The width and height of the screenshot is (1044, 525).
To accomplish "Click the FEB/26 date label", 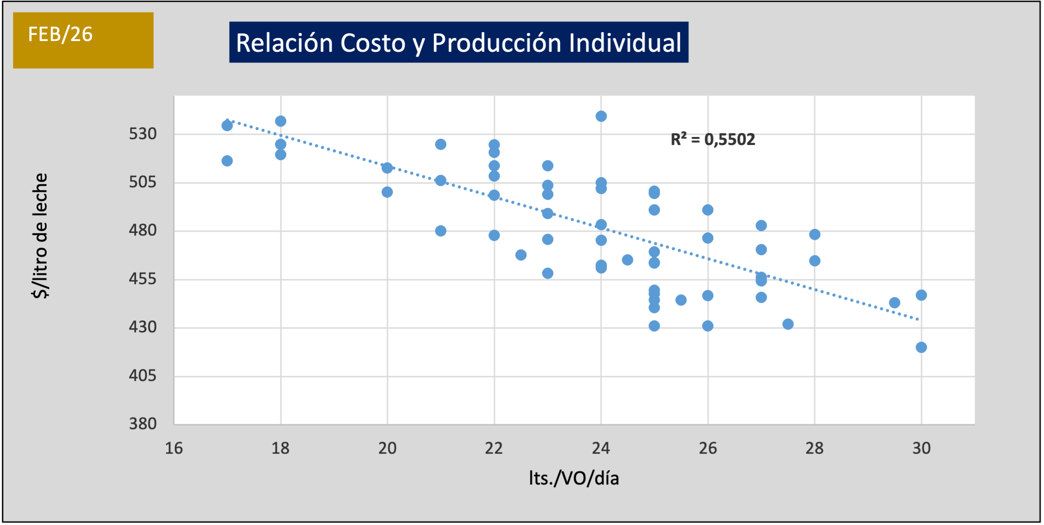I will coord(60,34).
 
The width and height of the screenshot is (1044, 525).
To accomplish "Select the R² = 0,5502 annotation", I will coord(713,140).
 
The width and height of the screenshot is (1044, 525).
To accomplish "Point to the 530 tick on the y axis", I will coord(143,134).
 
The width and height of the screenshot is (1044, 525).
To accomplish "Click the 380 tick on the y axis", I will coord(143,424).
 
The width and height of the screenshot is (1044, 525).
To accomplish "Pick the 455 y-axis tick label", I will coord(143,279).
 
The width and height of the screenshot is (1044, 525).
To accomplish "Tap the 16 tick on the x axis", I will coord(174,448).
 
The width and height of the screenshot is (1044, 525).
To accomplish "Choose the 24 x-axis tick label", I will coord(601,448).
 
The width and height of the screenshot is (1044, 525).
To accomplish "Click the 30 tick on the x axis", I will coord(921,448).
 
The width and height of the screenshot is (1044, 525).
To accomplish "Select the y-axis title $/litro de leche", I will coord(40,236).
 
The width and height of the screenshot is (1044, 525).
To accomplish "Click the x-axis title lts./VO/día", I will coord(574,478).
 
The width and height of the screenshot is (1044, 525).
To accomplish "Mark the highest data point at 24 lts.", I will coord(601,116).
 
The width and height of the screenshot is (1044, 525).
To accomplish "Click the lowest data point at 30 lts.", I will coord(921,347).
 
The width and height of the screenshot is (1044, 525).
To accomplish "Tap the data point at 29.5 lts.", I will coord(894,303).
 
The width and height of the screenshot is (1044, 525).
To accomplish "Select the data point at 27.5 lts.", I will coord(788,324).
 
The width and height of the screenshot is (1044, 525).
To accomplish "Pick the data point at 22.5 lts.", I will coord(521,255).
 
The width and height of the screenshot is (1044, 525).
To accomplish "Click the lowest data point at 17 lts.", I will coord(227,161).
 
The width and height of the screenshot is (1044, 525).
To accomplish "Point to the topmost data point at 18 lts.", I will coord(280,121).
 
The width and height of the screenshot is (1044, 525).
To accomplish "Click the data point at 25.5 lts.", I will coord(681,300).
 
